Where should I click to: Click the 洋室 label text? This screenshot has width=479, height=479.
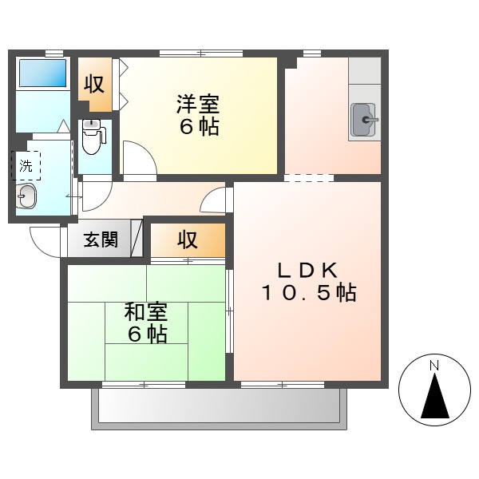[198, 105]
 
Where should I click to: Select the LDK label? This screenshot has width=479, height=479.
[307, 270]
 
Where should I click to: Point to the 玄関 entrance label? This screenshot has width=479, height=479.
[104, 239]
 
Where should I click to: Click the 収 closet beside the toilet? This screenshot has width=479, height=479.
[95, 84]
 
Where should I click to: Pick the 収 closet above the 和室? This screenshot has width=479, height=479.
[187, 239]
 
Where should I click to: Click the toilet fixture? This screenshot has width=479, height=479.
[92, 137]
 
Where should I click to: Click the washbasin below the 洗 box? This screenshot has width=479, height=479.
[27, 196]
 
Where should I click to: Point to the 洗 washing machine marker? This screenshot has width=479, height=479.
[27, 167]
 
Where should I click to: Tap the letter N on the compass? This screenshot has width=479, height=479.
[434, 366]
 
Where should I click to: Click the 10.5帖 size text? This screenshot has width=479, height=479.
[307, 293]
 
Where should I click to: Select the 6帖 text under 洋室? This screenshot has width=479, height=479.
[198, 127]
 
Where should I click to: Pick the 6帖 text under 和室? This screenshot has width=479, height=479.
[146, 335]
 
